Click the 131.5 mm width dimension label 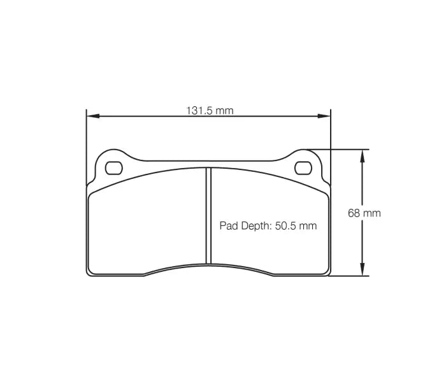click(210, 110)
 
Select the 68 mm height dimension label click(364, 213)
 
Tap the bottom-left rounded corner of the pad click(90, 272)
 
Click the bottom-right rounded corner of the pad click(327, 272)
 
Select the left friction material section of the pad click(147, 223)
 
